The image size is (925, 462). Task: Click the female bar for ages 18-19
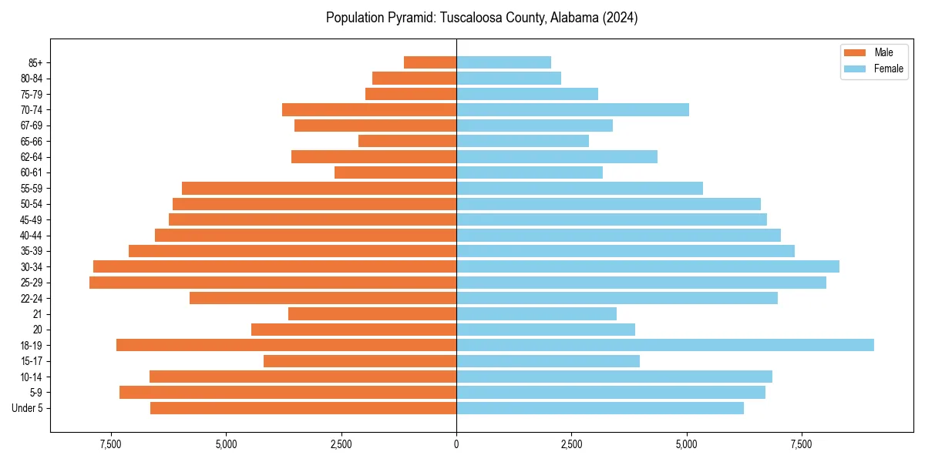664,345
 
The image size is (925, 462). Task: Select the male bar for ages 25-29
273,283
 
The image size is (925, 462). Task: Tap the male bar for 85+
430,62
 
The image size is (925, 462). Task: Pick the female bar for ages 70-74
572,109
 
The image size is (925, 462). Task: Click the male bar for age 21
372,314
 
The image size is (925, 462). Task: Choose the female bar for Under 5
600,408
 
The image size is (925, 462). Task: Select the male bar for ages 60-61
395,172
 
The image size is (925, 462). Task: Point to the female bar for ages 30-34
647,266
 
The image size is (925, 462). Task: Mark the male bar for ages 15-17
360,361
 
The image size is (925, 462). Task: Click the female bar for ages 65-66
522,141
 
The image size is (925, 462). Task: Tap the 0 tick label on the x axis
456,445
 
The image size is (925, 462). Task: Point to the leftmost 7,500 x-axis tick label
111,445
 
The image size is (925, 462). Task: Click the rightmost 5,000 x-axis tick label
686,445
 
